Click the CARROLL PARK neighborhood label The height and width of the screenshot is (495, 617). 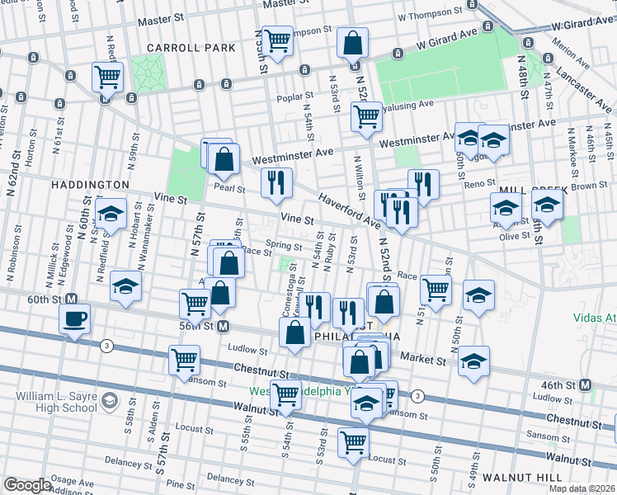pos(179,48)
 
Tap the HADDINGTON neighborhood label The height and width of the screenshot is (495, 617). pos(92,185)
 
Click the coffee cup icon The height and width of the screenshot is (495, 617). pos(74,318)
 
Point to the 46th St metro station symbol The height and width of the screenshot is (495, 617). pos(586,384)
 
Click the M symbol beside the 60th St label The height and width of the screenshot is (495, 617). pos(72,299)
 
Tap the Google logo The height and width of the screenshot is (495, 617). pos(27,485)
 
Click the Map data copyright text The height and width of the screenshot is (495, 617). pos(582,488)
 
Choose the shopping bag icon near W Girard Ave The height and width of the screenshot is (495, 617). pos(353,42)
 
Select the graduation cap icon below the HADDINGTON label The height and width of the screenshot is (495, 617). pos(111,213)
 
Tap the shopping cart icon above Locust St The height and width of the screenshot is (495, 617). pos(354,440)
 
